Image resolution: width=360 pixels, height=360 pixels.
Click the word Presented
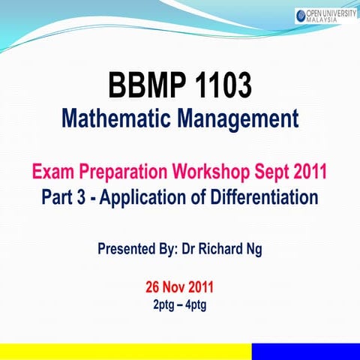pyautogui.click(x=128, y=248)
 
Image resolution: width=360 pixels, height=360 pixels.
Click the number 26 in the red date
pyautogui.click(x=153, y=288)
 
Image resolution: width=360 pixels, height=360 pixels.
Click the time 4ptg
pyautogui.click(x=199, y=305)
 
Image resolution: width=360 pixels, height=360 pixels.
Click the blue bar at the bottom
pyautogui.click(x=305, y=351)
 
